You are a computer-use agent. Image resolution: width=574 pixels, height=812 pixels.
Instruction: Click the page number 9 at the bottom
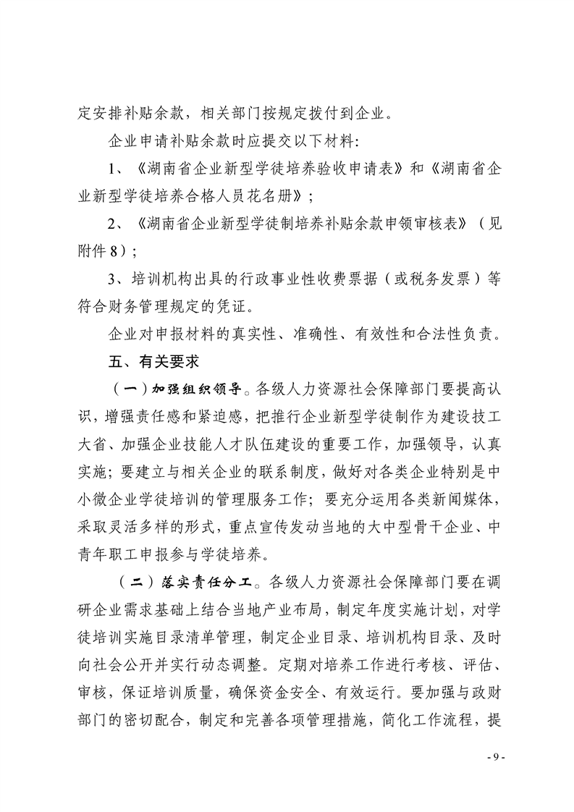click(x=494, y=756)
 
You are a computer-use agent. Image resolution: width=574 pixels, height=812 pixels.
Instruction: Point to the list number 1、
click(x=117, y=169)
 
